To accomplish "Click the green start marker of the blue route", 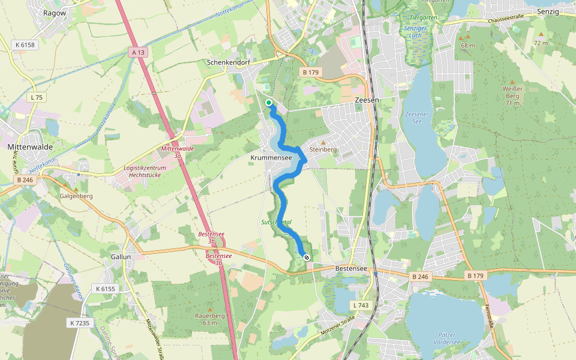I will tap(269, 103).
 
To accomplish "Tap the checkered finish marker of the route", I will tap(307, 257).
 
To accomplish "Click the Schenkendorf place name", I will tap(227, 62).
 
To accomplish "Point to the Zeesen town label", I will tap(367, 100).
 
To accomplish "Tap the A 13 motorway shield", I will tap(137, 53).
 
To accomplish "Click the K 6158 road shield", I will tap(26, 45).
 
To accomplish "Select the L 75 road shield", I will tap(37, 97).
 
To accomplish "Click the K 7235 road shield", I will tap(79, 323).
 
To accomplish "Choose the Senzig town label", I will tap(548, 11).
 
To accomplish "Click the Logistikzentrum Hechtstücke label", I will tap(145, 172).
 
